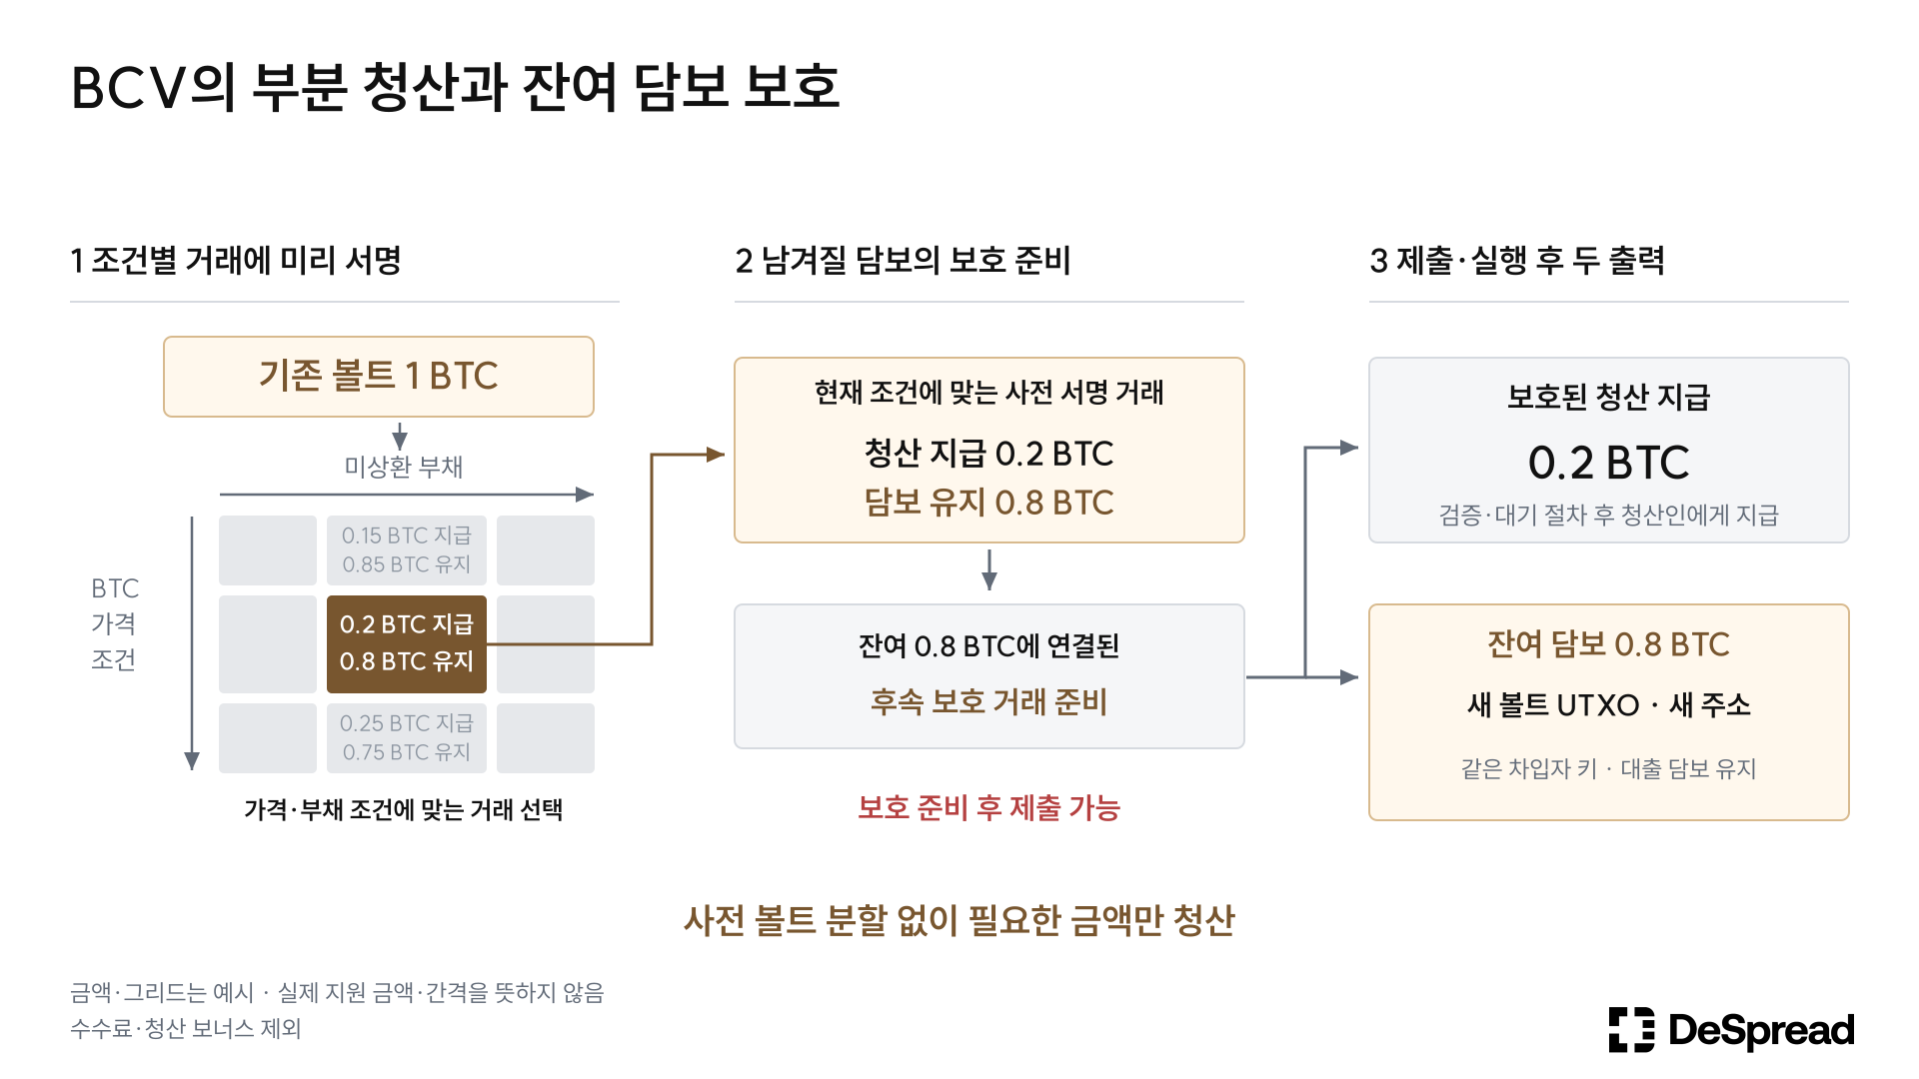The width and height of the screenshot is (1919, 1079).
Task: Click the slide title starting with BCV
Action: pos(455,87)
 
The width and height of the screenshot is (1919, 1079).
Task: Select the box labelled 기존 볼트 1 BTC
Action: pos(379,377)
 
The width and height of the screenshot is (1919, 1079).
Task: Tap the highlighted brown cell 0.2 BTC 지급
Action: pos(407,644)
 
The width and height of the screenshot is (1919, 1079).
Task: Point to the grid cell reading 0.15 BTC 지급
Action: pos(407,550)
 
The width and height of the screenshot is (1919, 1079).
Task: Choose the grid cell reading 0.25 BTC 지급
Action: pos(407,738)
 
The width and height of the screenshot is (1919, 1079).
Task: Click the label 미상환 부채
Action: pos(404,467)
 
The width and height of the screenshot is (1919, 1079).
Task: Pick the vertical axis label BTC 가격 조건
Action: pos(115,623)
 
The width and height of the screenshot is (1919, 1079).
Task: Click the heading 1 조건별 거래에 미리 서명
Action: pos(236,260)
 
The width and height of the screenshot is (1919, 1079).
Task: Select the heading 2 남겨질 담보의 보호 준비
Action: pos(903,260)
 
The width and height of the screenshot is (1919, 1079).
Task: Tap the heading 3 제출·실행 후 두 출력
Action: pos(1517,260)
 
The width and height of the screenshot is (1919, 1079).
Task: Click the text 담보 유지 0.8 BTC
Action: pos(989,502)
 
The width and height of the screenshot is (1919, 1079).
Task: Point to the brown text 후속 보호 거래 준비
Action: pos(989,701)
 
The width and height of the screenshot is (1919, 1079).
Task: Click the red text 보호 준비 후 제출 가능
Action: pos(989,807)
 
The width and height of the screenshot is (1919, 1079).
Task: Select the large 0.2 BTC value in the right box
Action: pos(1609,463)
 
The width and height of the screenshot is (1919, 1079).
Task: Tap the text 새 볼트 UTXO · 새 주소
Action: pos(1609,704)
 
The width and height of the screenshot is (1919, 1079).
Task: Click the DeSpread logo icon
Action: pos(1631,1029)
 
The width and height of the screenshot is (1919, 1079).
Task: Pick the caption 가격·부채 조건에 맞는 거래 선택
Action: pos(404,809)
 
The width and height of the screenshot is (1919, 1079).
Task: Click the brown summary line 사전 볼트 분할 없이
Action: pos(959,920)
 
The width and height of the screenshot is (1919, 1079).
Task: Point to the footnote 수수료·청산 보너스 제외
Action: pos(186,1028)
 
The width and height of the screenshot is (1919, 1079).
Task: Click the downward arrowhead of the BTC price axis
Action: pos(192,761)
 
